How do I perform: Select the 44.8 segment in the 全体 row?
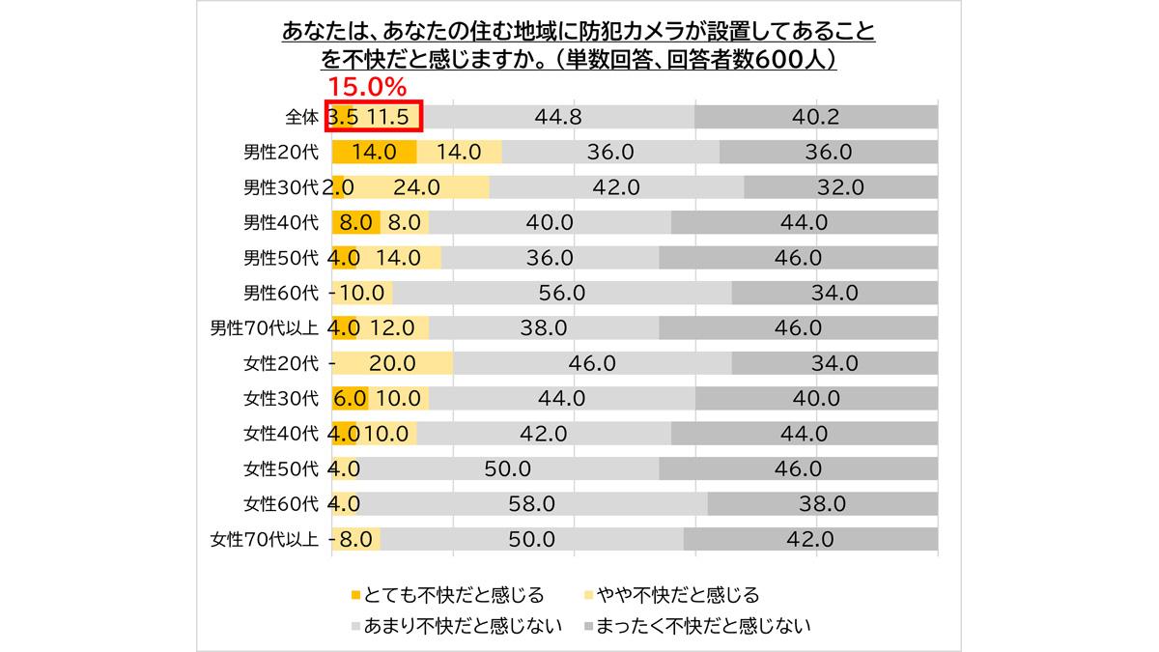click(x=558, y=117)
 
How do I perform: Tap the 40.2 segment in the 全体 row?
click(x=816, y=117)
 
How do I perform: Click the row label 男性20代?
click(x=281, y=152)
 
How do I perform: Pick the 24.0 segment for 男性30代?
click(x=417, y=187)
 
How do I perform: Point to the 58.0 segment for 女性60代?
click(x=532, y=503)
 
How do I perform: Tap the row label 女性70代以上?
click(x=265, y=539)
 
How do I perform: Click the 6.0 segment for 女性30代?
click(x=350, y=398)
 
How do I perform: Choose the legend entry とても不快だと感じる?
click(x=446, y=594)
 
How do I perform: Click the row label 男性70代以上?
click(x=265, y=327)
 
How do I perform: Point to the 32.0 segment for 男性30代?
click(x=840, y=187)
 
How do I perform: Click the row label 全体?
click(x=301, y=117)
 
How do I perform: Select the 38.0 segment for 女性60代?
click(x=823, y=503)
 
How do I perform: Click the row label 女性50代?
click(x=281, y=468)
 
